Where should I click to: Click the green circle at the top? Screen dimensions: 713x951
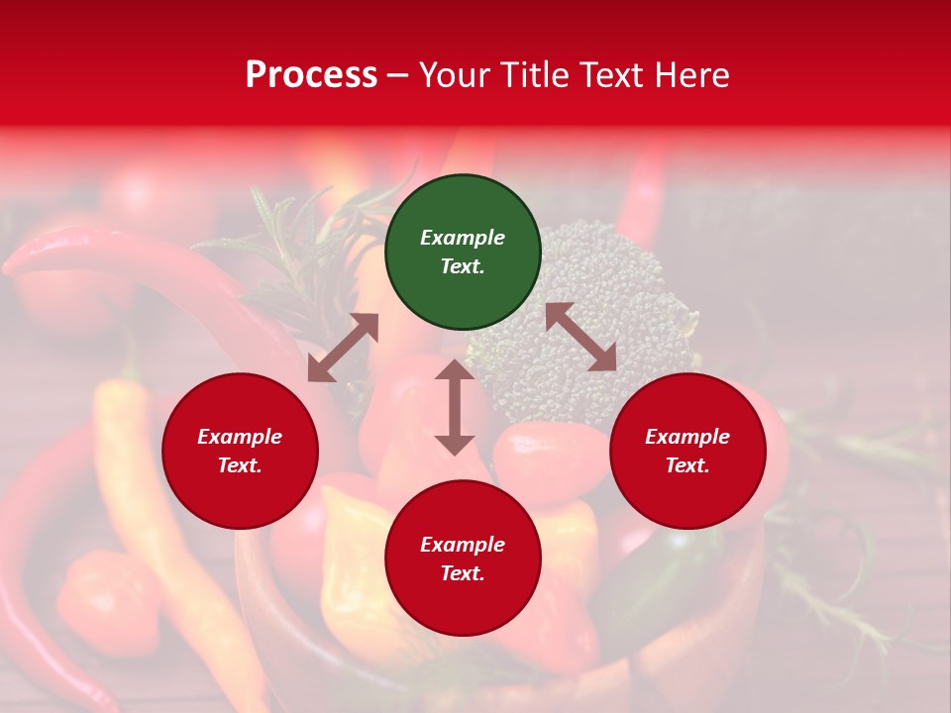463,253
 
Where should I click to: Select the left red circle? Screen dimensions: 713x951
240,452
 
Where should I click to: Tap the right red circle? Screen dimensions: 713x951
687,452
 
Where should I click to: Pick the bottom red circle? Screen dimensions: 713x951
463,559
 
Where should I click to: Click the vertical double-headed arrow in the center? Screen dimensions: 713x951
455,407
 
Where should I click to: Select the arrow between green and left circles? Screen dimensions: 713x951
343,348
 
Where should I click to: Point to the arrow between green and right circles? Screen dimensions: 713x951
581,337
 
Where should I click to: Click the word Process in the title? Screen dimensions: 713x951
311,75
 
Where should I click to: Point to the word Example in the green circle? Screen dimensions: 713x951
463,238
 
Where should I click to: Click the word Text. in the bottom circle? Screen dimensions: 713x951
463,573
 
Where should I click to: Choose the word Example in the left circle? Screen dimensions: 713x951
240,437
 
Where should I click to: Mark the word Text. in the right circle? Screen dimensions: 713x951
687,465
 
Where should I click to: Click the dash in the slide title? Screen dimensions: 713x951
398,75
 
